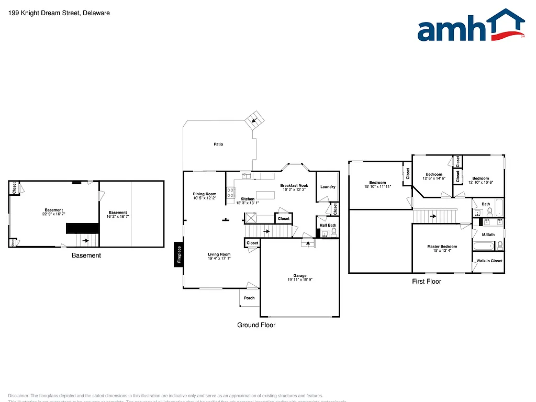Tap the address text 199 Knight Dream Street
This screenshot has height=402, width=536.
[59, 13]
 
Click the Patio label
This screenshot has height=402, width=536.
[218, 144]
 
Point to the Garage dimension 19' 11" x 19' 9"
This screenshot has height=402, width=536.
[300, 280]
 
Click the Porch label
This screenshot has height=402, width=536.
[250, 298]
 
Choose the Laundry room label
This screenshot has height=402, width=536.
[328, 187]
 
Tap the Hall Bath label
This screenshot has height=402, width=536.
[328, 226]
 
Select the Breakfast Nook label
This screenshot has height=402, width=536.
[294, 185]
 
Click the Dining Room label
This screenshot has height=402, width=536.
[204, 194]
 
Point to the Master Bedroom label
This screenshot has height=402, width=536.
[442, 247]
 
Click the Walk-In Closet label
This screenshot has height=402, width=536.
[489, 261]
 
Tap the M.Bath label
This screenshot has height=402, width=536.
[488, 234]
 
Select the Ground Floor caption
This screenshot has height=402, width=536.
[256, 325]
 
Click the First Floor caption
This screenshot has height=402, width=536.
[426, 282]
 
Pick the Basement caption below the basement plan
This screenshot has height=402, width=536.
[86, 255]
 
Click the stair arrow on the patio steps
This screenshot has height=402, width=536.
[254, 120]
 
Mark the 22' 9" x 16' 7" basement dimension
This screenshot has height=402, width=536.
[54, 214]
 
